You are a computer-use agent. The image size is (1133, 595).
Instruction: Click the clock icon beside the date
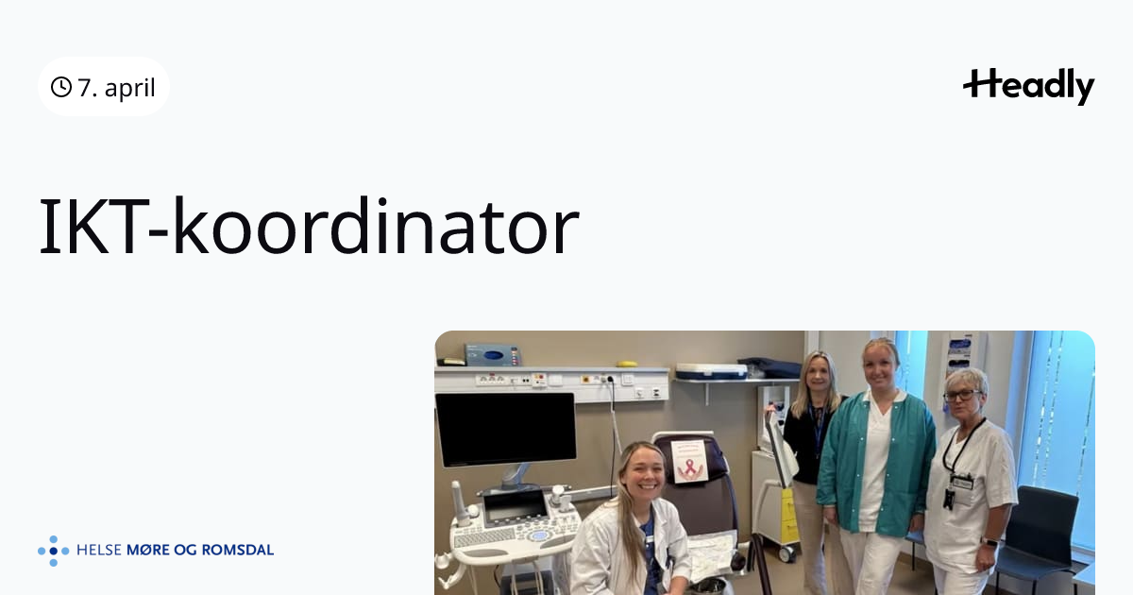tap(61, 87)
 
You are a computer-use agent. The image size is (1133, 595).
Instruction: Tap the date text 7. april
tap(116, 88)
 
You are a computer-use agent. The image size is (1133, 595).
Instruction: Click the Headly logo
tap(1028, 86)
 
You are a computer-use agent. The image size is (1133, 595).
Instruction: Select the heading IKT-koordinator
tap(309, 227)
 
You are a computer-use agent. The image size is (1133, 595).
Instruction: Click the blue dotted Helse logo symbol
tap(53, 551)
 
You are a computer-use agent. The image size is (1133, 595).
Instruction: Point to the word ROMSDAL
tap(238, 550)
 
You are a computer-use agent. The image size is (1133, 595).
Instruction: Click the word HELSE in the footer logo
tap(98, 550)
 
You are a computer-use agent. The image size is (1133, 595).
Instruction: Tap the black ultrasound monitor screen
tap(505, 429)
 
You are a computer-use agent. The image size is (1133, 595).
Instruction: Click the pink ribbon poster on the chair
tap(689, 461)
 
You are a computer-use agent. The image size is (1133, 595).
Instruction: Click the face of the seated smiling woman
tap(643, 474)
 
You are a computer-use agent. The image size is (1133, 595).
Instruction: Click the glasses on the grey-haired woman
tap(961, 395)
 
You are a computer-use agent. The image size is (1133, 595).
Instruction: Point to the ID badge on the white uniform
tap(960, 484)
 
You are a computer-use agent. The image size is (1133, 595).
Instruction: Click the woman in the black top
tap(813, 445)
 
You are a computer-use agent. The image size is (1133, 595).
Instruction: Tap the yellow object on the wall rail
tap(627, 364)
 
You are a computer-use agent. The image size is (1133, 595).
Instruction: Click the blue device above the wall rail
tap(492, 355)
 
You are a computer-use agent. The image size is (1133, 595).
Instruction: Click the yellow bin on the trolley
tap(788, 516)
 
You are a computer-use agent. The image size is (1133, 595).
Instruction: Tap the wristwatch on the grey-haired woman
tap(990, 542)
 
